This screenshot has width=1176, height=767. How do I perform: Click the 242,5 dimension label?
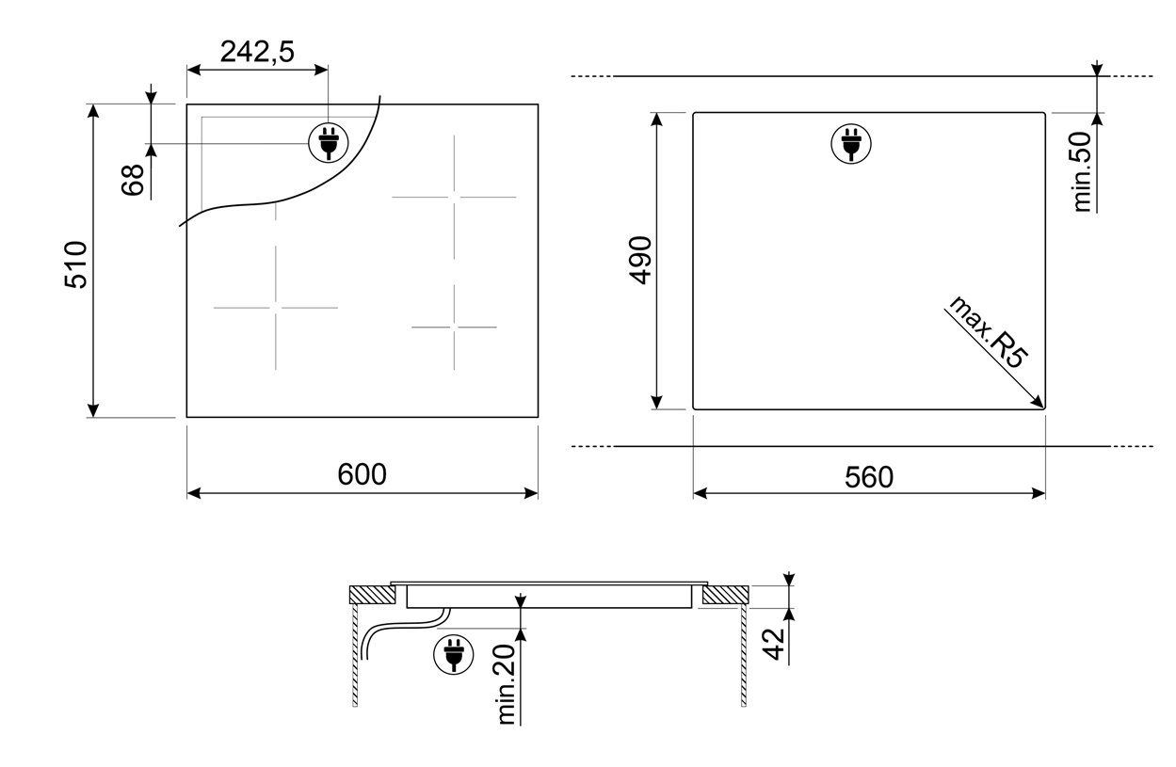(x=257, y=53)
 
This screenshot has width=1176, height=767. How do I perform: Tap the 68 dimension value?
(x=133, y=180)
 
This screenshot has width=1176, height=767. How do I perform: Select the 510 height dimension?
(x=75, y=264)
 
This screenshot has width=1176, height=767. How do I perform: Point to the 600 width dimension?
(x=362, y=474)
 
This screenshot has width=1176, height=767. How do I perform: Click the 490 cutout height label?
(x=640, y=261)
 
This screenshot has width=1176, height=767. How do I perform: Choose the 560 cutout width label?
(x=869, y=477)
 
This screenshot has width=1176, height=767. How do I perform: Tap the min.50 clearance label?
(x=1082, y=172)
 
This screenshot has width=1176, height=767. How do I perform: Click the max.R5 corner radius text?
(x=987, y=332)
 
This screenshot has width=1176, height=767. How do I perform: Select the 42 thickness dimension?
(x=773, y=645)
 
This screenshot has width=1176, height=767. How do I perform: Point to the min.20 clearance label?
(x=507, y=685)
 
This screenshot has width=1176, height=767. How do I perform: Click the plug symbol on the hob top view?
(x=328, y=143)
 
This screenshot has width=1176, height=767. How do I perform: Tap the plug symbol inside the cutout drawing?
(x=851, y=144)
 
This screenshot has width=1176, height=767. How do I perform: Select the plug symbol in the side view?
(x=454, y=655)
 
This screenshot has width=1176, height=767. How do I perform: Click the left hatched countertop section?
(x=372, y=595)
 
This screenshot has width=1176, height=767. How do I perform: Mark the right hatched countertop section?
(x=726, y=595)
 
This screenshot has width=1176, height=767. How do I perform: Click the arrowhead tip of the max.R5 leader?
(x=1043, y=407)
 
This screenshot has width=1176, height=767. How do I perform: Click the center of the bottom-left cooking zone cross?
(x=276, y=308)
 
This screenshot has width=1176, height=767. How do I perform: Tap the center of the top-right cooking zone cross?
(x=454, y=198)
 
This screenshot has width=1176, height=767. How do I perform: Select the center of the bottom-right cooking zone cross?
(x=454, y=328)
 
